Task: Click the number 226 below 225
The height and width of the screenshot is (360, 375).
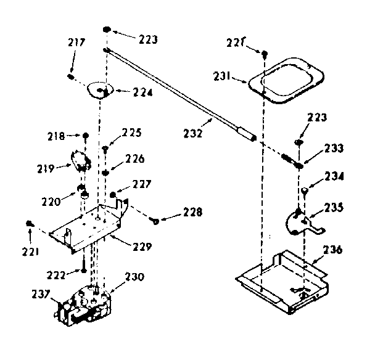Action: [x=136, y=158]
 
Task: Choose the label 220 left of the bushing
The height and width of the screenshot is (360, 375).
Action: [x=52, y=200]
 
